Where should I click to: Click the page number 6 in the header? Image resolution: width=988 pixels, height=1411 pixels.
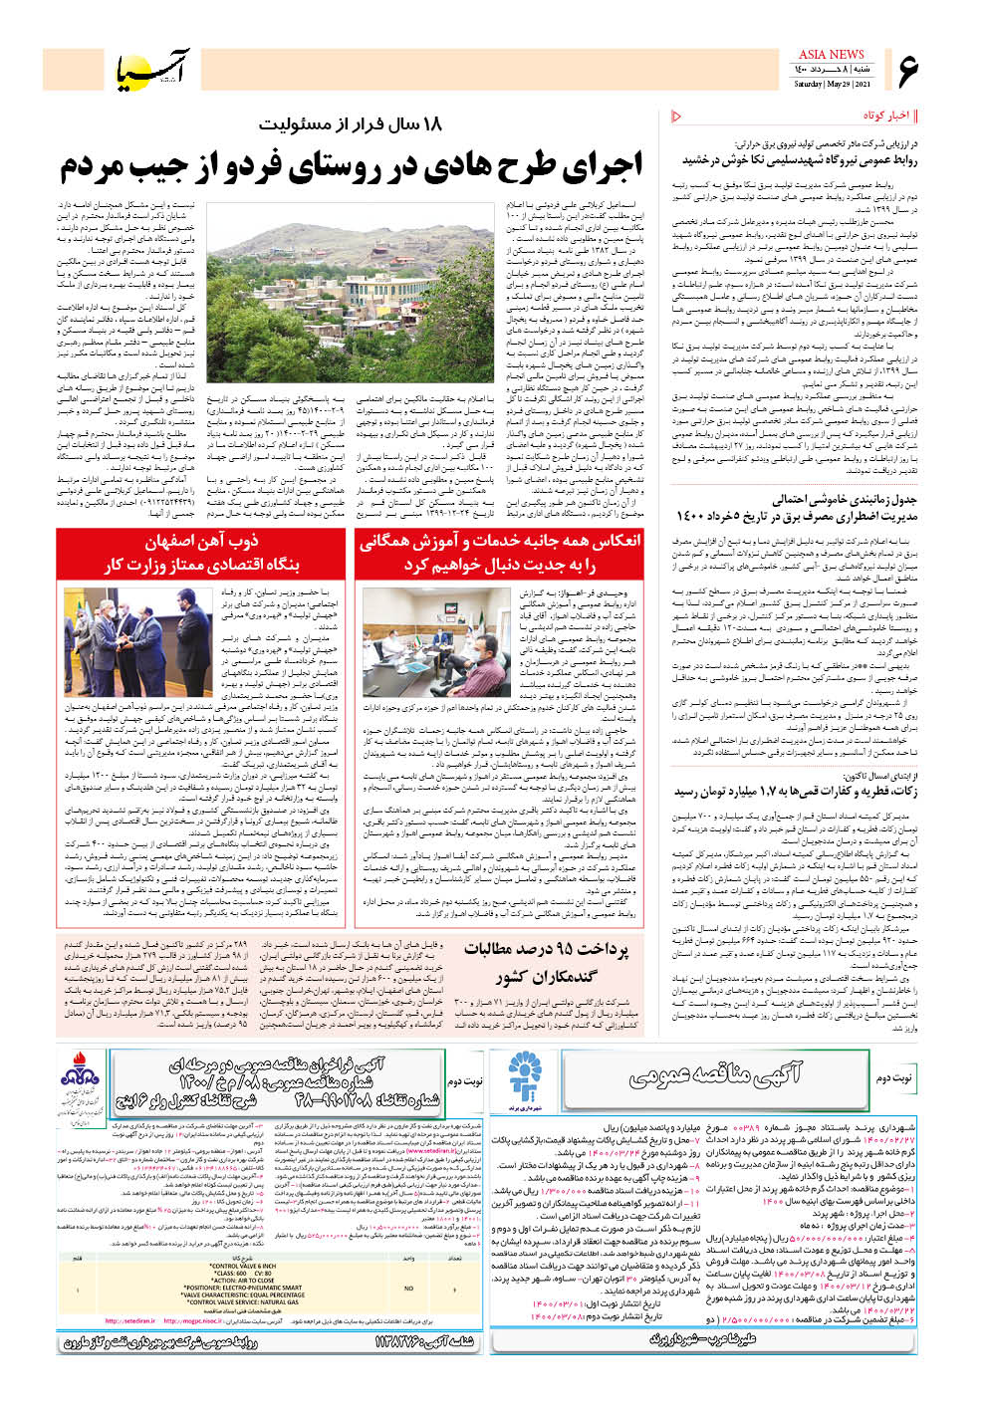(907, 70)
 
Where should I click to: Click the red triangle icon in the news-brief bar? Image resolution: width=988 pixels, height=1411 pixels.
(676, 117)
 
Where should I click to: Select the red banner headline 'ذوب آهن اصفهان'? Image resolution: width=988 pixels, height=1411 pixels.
(201, 542)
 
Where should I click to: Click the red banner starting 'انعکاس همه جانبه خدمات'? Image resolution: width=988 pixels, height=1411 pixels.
(500, 542)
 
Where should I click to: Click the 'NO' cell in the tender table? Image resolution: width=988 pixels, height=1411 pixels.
(407, 1288)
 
